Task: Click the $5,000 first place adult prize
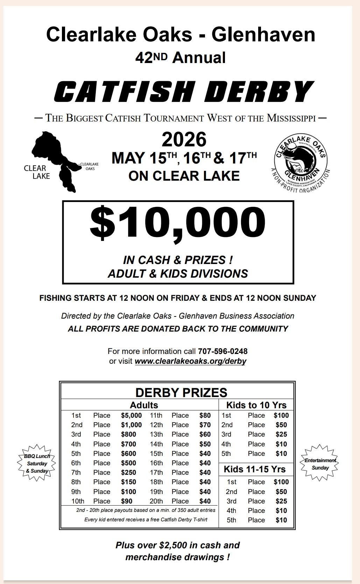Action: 131,415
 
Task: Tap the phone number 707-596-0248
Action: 223,351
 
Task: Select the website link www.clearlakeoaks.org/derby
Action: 190,361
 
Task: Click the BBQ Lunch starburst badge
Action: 37,463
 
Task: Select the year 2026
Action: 184,139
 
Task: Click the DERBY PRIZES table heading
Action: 181,392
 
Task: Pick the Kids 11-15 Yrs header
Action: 255,469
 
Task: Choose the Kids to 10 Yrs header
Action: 256,405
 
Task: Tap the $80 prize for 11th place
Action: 205,415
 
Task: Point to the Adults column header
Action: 144,405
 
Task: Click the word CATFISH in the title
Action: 124,91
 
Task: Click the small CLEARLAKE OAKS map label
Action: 90,166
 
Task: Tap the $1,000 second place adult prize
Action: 131,425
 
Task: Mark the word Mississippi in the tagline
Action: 291,118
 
